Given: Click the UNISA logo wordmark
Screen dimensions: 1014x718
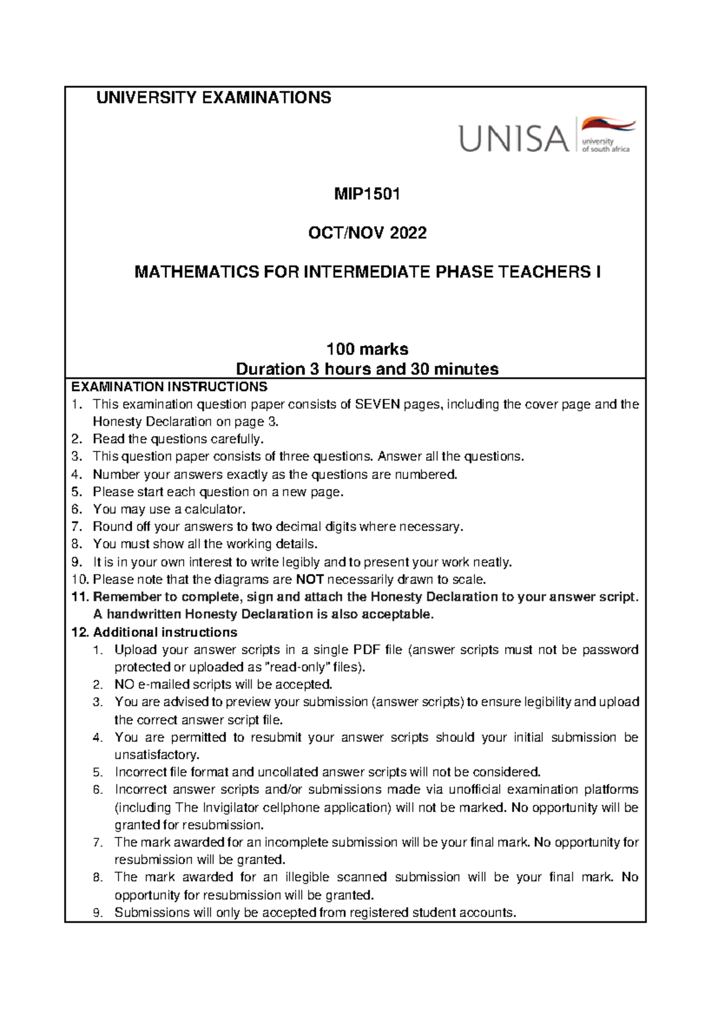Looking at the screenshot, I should [513, 138].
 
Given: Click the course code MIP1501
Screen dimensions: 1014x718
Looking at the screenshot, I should [367, 194].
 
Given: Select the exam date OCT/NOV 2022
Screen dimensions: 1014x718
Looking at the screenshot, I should [367, 233].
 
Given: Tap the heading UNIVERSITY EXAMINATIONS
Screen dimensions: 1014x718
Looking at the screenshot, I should [214, 98].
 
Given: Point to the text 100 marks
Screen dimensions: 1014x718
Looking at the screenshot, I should [367, 349].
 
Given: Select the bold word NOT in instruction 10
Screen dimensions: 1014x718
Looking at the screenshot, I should [310, 579].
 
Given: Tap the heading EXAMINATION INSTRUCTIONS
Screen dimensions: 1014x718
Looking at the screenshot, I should [169, 387].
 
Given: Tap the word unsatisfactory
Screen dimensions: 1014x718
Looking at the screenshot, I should [156, 755].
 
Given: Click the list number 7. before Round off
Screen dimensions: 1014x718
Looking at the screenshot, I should [76, 527].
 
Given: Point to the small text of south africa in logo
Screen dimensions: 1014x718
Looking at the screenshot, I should [606, 149].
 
